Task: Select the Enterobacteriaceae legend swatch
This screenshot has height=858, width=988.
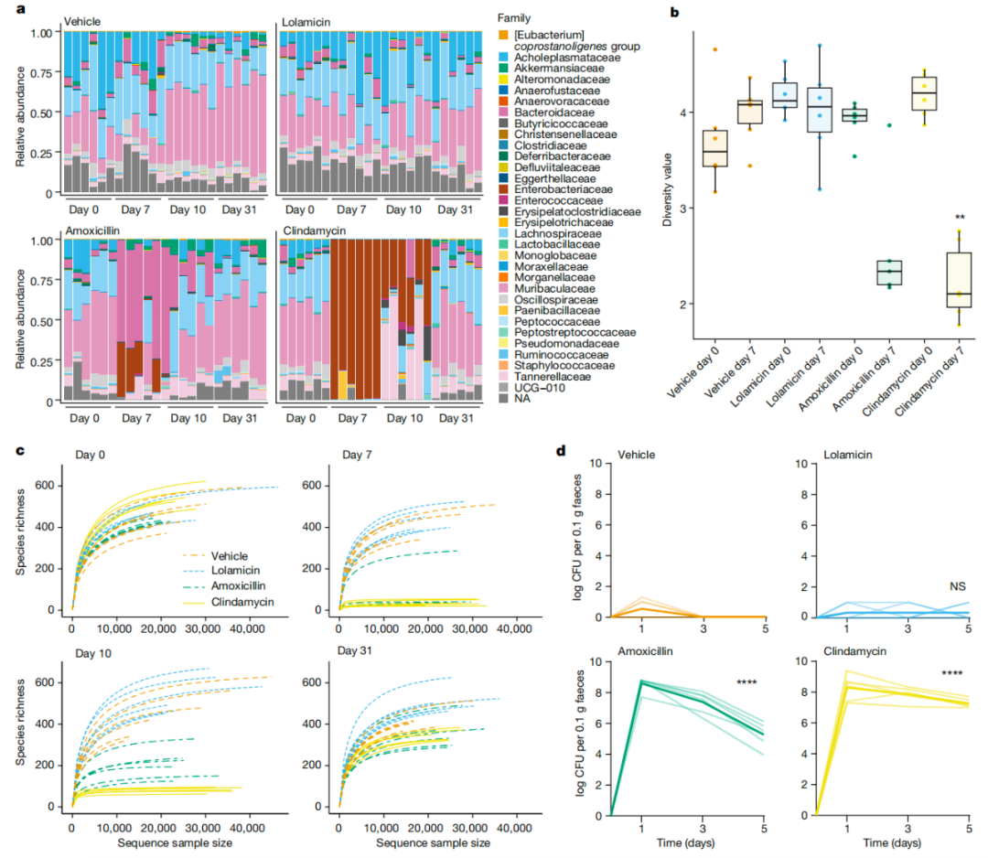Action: click(x=502, y=188)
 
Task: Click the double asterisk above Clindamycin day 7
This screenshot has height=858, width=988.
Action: click(x=961, y=218)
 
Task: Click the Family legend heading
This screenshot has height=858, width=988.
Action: click(x=515, y=18)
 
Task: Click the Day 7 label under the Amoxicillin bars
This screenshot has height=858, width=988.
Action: click(x=135, y=418)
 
